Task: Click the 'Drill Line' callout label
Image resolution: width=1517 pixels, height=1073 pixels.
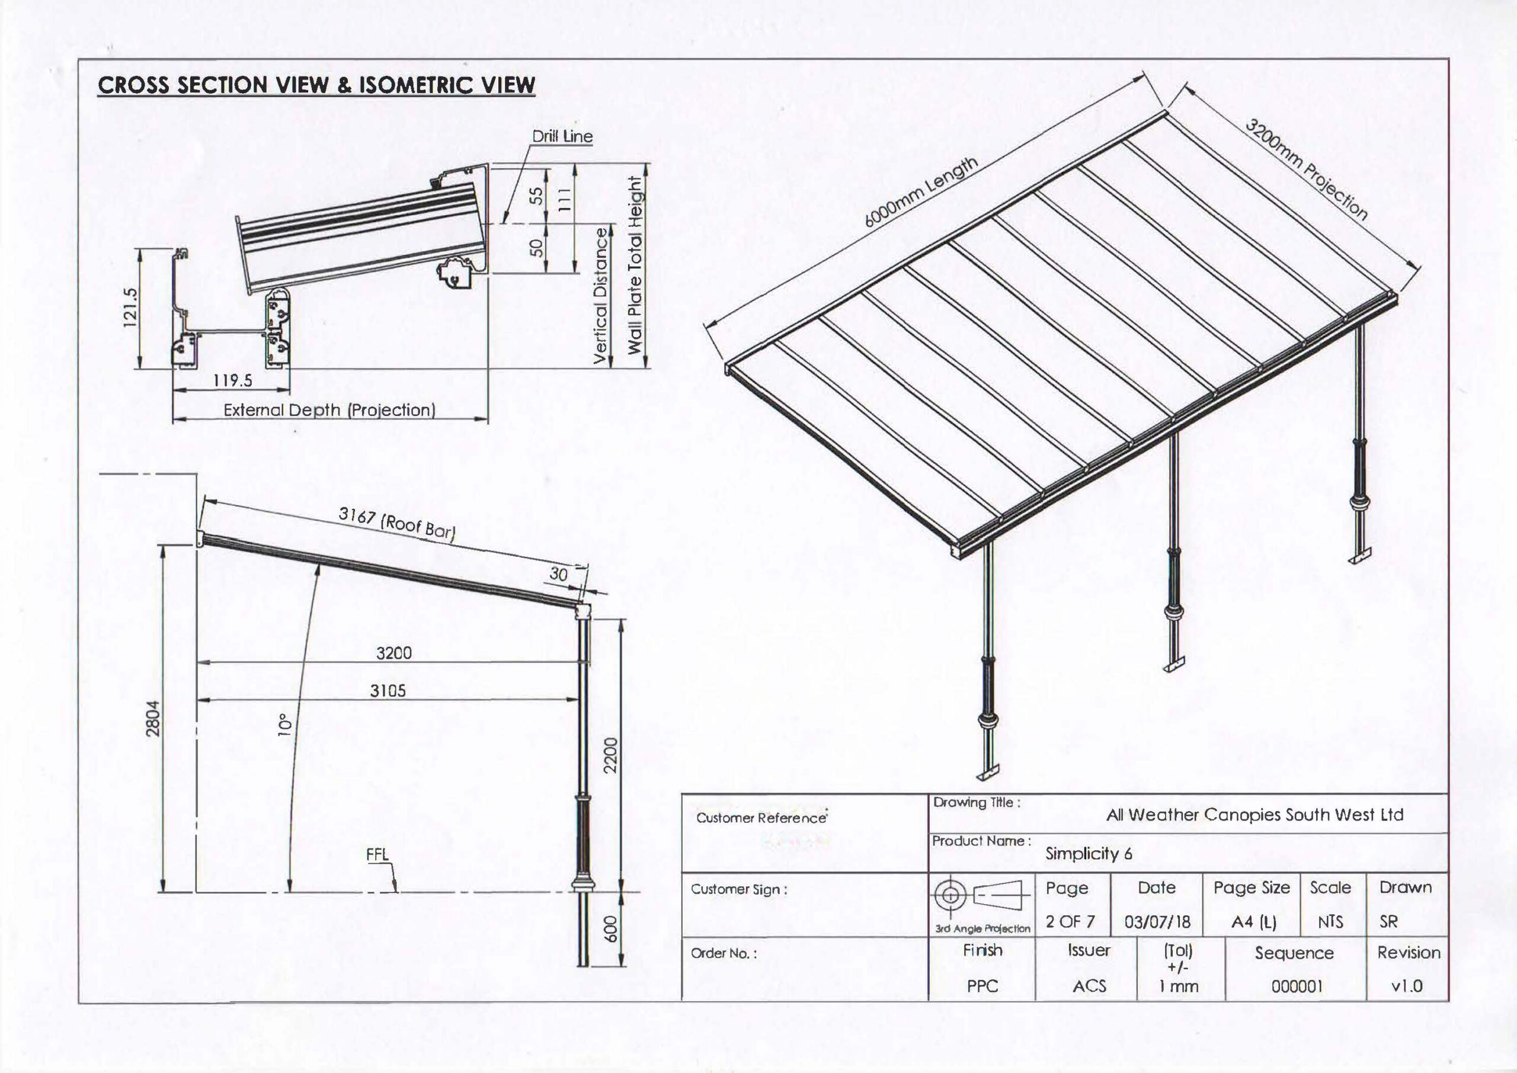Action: pos(562,136)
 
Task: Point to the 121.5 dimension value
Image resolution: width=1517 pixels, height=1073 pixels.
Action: pos(130,308)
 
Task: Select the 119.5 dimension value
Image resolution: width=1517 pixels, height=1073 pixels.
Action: pos(232,380)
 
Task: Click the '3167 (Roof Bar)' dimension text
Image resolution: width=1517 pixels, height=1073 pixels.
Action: pos(396,523)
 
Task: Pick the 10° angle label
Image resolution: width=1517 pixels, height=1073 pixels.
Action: pos(284,724)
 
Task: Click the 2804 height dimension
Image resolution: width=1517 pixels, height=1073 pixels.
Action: pos(153,718)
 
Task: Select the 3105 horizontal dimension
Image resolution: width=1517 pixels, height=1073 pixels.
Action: pos(388,690)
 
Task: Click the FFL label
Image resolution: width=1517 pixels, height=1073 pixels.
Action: pos(377,854)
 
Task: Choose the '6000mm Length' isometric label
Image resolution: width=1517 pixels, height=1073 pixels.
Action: pos(921,193)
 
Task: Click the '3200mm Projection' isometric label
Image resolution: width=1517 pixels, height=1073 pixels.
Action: pos(1306,170)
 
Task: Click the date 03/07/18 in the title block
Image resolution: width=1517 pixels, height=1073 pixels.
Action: pos(1157,921)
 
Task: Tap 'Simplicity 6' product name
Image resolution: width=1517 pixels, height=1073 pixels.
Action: pos(1088,854)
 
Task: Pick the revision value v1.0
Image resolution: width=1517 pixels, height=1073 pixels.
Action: pos(1407,986)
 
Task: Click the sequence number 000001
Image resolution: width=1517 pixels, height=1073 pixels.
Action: pos(1297,986)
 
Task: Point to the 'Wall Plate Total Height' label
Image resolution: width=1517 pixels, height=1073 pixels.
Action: pos(634,265)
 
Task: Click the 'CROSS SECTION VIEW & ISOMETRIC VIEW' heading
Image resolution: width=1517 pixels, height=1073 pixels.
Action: pos(316,85)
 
